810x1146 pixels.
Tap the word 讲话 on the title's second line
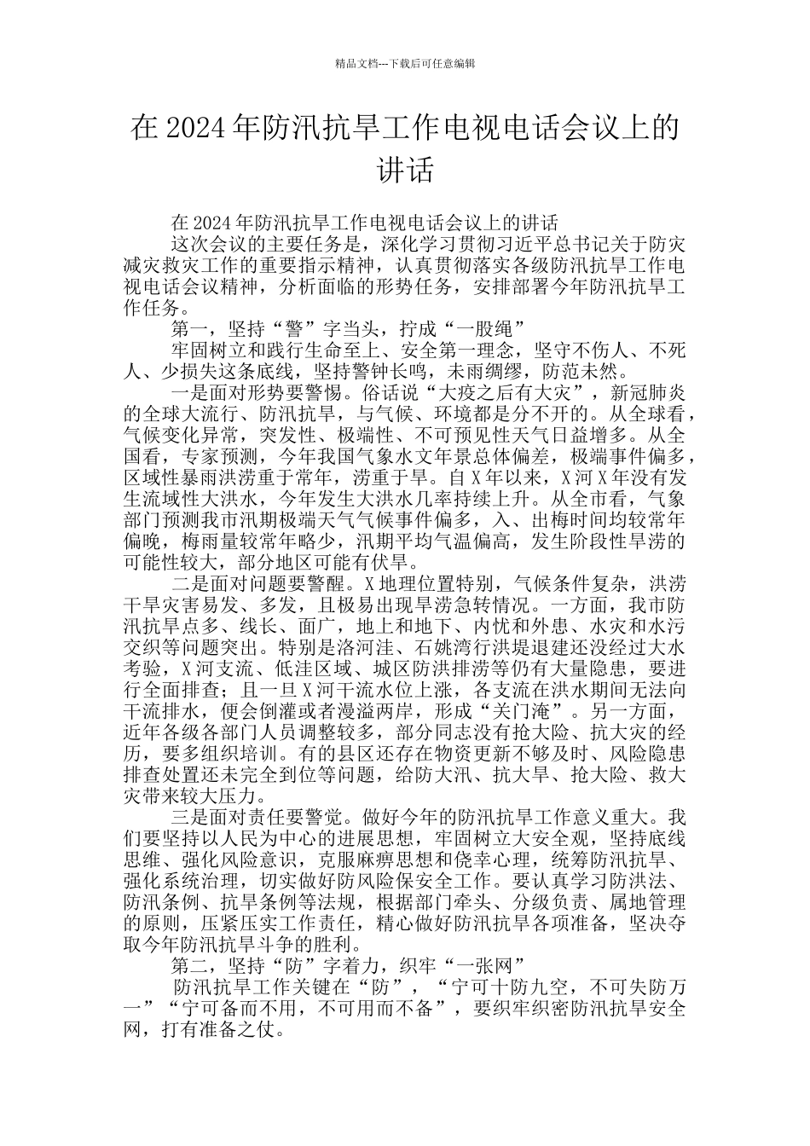click(405, 169)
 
